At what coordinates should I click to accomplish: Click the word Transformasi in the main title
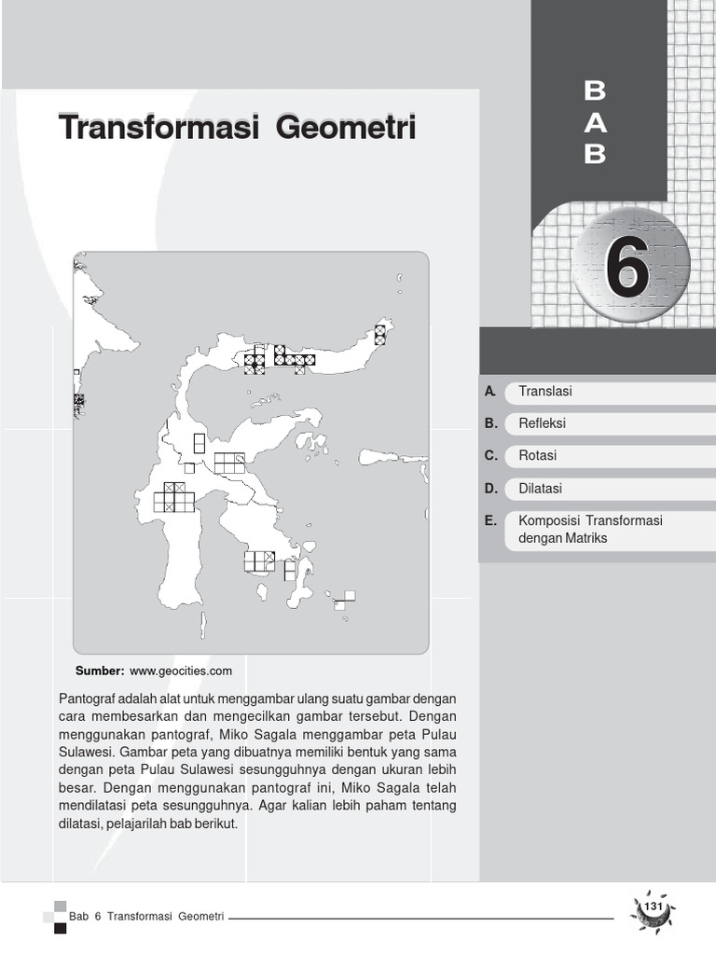157,128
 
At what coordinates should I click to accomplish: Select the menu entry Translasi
545,392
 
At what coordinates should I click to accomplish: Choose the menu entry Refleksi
542,423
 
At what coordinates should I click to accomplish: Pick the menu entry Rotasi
537,456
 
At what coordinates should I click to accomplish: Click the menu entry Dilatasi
540,489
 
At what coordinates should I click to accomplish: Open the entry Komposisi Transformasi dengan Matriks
583,529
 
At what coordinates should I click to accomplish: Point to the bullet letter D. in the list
490,489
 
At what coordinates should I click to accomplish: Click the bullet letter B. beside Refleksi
490,423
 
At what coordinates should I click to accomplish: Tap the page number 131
653,907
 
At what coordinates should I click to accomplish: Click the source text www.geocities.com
180,670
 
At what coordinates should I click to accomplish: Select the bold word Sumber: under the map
100,670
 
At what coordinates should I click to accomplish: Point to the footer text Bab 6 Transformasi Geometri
153,916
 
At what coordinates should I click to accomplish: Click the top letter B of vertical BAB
595,90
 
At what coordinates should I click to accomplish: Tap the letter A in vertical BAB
595,122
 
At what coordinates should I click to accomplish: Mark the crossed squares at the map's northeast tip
379,335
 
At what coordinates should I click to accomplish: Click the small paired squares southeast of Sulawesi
345,600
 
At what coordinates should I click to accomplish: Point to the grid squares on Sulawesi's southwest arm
173,497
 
